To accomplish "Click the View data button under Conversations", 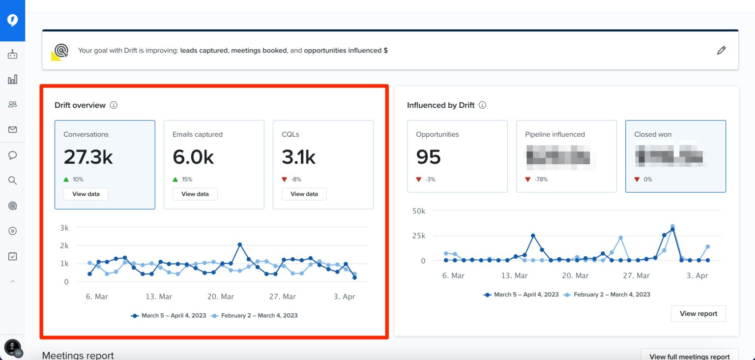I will tap(86, 194).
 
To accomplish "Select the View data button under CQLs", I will tap(304, 194).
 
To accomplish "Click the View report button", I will tap(698, 313).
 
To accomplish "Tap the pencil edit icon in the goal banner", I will tap(721, 50).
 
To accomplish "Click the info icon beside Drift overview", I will tap(114, 105).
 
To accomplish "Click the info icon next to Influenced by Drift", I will tap(483, 105).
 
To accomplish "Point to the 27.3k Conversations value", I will tap(88, 157).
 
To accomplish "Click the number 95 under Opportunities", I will tap(429, 157).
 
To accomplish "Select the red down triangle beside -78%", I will tap(528, 180).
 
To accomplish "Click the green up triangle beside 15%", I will tap(176, 180).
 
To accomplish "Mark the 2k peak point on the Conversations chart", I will tap(239, 244).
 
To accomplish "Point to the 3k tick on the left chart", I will tap(64, 227).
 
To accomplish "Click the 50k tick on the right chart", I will tap(419, 211).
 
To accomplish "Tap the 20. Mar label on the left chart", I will tap(220, 297).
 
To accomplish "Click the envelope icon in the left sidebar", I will tap(12, 130).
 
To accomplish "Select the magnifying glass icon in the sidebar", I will tap(12, 180).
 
